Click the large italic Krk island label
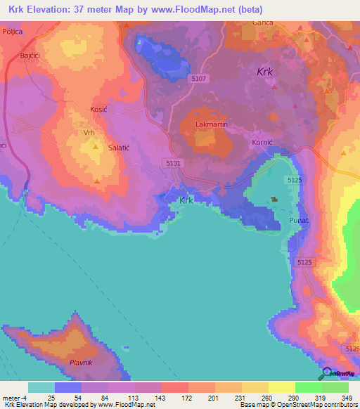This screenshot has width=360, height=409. pos(265,72)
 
